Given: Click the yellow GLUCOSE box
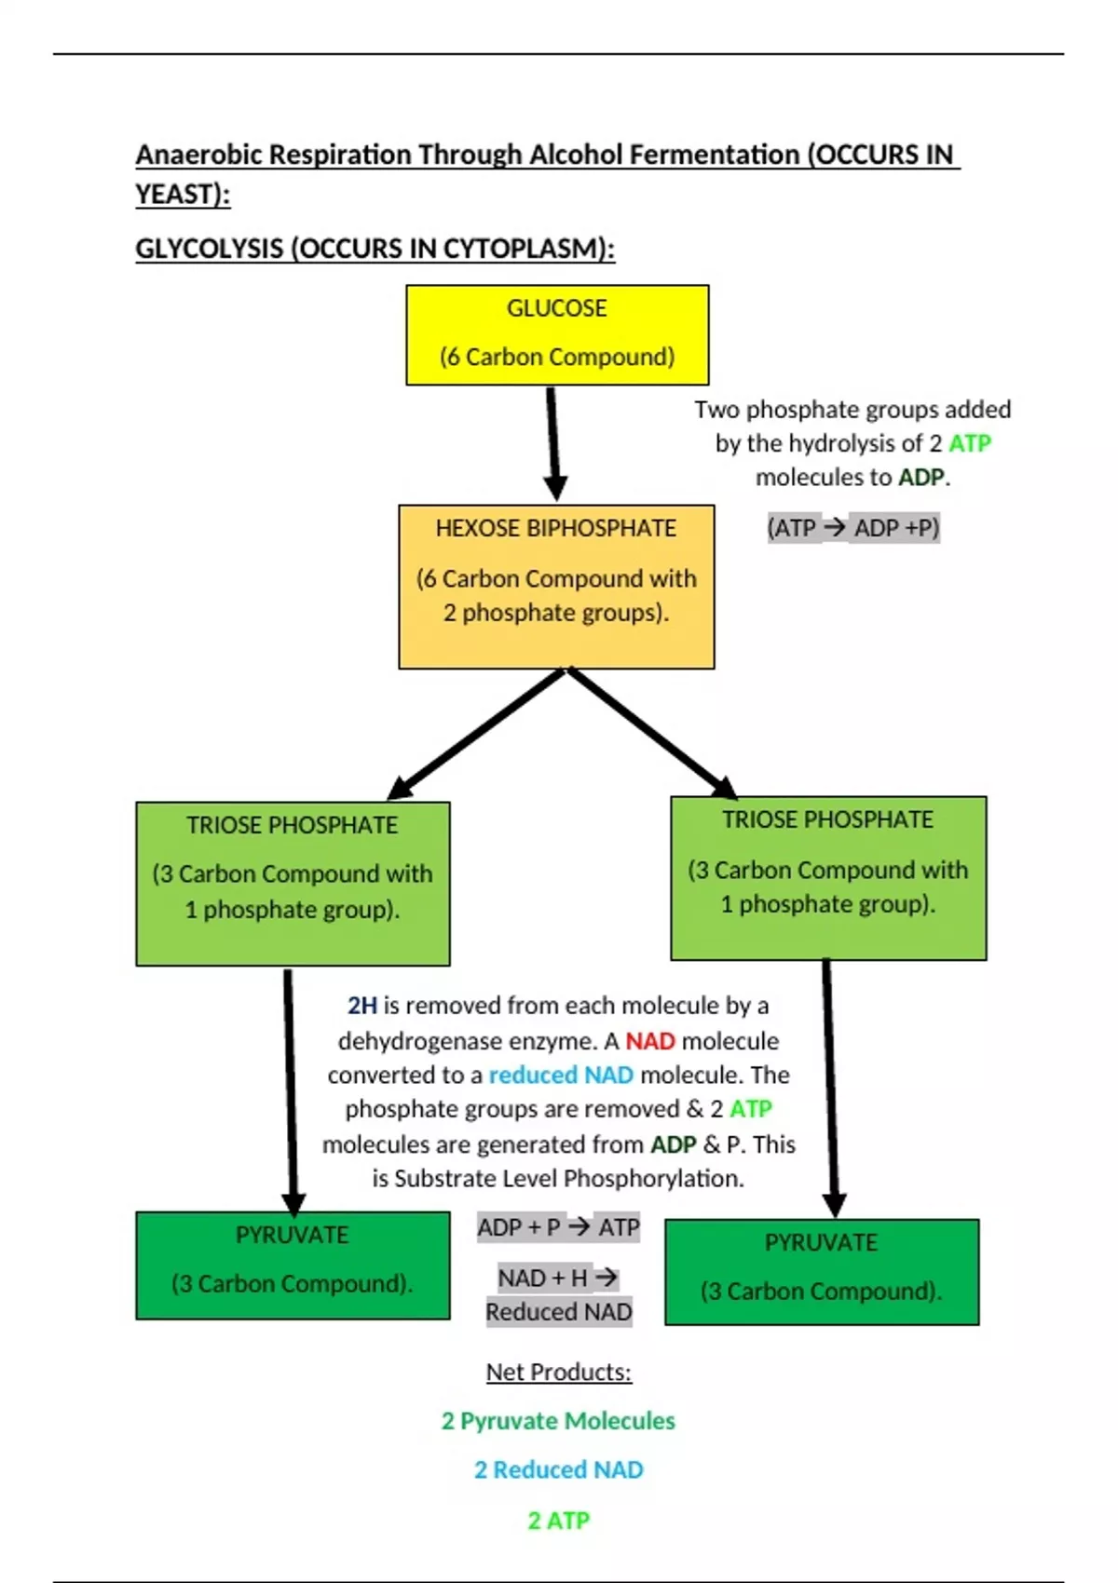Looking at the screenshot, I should (x=557, y=335).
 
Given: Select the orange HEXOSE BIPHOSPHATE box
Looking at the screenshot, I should (x=556, y=587).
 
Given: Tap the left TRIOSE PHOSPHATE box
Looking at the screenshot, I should (x=293, y=883).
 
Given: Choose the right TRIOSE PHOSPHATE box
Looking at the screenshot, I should (x=828, y=878).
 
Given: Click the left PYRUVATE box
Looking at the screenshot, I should (x=293, y=1265).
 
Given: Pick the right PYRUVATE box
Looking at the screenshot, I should (x=822, y=1272).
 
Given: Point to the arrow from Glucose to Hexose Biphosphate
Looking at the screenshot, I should (x=553, y=443).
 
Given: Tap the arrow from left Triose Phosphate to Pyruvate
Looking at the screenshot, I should (x=291, y=1089).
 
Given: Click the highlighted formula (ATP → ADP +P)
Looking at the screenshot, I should (x=852, y=528).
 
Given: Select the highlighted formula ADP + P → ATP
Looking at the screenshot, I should (x=558, y=1227).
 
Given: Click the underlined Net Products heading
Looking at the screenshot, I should (x=558, y=1372).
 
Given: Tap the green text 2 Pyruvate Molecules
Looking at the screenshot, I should (x=558, y=1421).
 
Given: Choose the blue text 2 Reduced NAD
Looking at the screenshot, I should (x=558, y=1469).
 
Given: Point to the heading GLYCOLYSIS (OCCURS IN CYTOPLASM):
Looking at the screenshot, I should (x=375, y=250).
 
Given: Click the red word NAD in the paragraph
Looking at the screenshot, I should (x=649, y=1041).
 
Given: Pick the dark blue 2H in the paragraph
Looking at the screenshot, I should (x=362, y=1006).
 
